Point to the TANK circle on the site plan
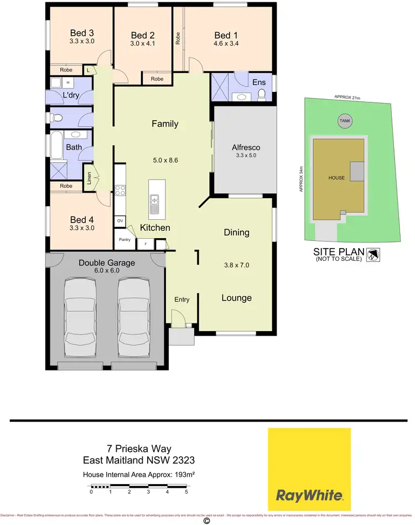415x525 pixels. click(x=344, y=121)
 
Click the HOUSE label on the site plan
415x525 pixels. click(x=336, y=178)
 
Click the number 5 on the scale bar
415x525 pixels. click(x=186, y=491)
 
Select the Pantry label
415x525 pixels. click(x=124, y=239)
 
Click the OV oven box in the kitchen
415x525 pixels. click(x=120, y=221)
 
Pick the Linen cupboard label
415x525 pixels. click(x=88, y=178)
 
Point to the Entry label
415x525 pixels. click(x=182, y=300)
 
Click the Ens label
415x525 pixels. click(x=259, y=82)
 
